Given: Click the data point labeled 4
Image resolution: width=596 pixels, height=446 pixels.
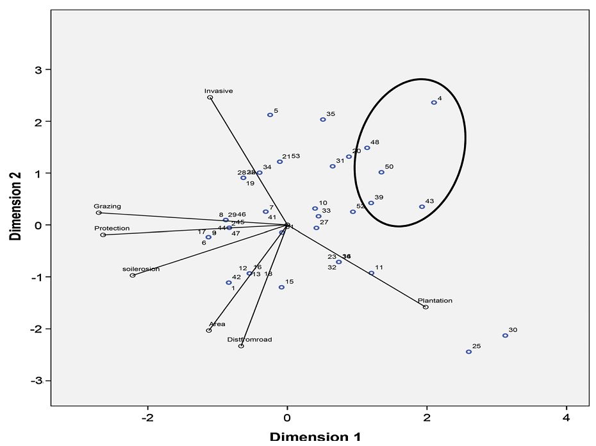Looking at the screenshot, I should [434, 103].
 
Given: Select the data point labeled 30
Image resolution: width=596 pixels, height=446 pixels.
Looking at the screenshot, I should [505, 336].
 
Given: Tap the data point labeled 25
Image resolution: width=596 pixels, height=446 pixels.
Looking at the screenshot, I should [468, 352].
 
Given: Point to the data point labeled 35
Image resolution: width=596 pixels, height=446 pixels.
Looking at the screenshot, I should [323, 120].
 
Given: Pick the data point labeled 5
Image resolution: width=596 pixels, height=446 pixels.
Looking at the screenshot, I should [270, 115].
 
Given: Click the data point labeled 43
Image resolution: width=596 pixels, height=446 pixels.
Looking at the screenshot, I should [422, 207].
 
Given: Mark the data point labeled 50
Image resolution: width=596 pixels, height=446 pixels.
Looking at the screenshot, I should [381, 172].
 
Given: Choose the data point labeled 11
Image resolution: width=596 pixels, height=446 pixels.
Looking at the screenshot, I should [371, 274].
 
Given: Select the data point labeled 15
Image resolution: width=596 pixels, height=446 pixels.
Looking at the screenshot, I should [281, 287].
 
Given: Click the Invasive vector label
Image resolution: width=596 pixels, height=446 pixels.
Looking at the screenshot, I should [219, 91].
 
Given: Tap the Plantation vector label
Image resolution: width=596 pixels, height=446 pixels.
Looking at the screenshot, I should [435, 301].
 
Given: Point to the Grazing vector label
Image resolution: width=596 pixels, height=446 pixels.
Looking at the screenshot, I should [107, 206].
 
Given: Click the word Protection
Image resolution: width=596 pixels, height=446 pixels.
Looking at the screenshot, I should [112, 228].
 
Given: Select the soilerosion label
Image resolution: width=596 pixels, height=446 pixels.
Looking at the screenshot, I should [141, 269].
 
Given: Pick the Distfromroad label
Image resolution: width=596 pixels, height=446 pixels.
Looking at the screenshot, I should [249, 340].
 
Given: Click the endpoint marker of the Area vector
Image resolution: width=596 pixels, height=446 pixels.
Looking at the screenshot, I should [209, 331].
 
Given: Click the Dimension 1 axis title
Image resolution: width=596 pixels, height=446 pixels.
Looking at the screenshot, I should [315, 437].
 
